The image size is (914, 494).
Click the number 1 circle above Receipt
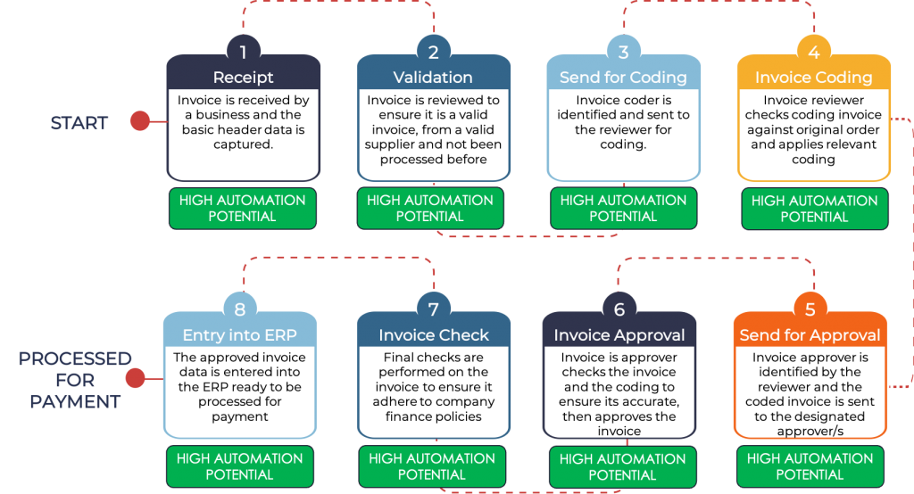pos(243,52)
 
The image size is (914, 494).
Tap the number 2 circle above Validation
pos(433,52)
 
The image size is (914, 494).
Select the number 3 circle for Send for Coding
pos(623,52)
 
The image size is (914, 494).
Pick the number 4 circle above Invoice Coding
pos(813,52)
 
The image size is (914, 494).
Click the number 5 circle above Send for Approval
pos(810,309)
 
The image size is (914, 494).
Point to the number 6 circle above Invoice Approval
pos(619,309)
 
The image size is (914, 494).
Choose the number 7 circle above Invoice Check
pos(433,309)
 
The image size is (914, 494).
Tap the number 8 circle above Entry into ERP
pos(239,309)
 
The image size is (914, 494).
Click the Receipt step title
pos(243,78)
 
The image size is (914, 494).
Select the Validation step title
pos(433,78)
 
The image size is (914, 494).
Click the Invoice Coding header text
pos(813,78)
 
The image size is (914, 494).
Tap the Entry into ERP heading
pos(239,335)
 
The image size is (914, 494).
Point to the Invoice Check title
pos(434,335)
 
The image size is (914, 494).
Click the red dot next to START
pos(140,121)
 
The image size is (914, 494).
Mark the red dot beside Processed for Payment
pos(135,379)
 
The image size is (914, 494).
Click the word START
pos(79,123)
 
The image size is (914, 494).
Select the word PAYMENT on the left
pos(75,402)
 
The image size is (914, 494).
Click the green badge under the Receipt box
pos(242,209)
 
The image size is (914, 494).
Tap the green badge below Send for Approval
pos(810,466)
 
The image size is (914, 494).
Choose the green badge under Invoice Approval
pos(623,466)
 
